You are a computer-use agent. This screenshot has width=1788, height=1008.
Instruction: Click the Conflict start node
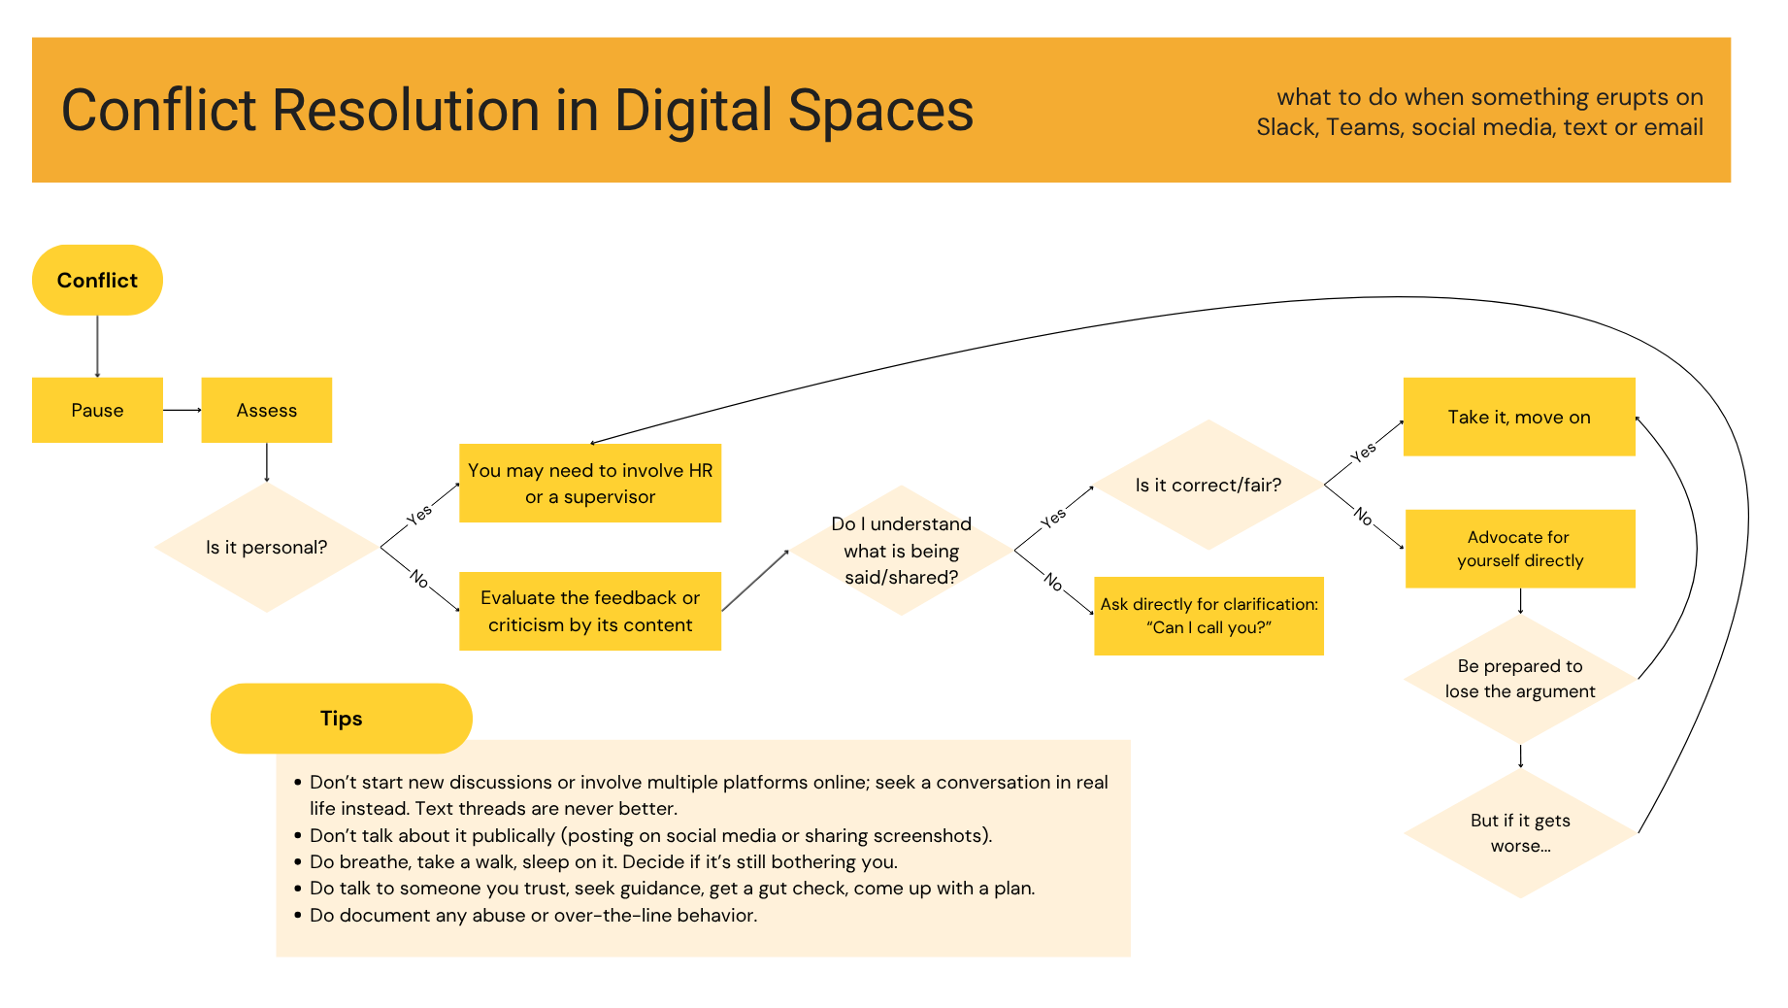point(97,280)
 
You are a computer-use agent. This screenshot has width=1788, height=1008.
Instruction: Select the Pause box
point(97,410)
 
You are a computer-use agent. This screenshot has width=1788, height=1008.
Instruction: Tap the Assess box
point(267,410)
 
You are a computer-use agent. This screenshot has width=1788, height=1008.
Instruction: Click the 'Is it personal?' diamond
point(267,548)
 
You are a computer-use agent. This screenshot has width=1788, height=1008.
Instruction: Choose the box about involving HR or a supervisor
point(590,483)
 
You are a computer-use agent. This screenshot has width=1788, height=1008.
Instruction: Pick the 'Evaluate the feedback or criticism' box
point(590,611)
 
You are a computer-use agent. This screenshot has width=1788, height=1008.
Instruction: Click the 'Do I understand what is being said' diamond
point(902,551)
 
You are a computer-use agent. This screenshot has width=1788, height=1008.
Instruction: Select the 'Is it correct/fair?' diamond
point(1209,485)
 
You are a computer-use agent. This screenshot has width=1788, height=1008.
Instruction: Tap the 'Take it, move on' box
point(1519,417)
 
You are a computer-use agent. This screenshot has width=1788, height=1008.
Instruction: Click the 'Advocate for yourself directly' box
point(1520,549)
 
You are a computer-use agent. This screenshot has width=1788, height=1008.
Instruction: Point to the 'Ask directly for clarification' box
point(1209,616)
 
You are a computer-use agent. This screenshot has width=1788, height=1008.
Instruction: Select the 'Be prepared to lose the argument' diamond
point(1520,679)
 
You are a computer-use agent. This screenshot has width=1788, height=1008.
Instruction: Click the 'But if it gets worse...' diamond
point(1520,833)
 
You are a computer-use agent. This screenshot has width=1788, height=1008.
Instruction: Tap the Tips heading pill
point(342,719)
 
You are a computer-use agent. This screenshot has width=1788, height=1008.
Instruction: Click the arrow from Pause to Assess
point(182,410)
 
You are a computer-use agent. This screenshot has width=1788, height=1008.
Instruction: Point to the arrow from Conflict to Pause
point(97,347)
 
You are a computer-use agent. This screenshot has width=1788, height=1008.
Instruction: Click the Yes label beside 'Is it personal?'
point(419,515)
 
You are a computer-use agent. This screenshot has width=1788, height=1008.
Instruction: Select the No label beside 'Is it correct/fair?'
point(1363,516)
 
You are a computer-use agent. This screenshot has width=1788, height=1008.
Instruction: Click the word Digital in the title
point(695,110)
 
